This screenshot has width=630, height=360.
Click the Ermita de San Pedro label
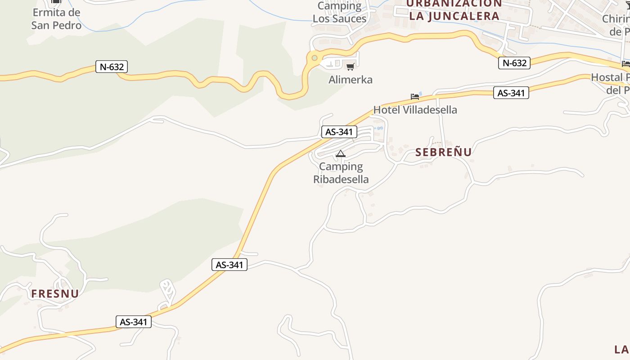pos(56,19)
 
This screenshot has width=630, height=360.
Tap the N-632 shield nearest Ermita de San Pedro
pos(112,67)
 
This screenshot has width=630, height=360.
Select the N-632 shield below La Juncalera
pos(514,63)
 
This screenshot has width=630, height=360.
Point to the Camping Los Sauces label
pos(339,13)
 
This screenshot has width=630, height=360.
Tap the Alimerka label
pos(351,80)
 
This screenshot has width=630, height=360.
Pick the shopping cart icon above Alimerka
pos(350,67)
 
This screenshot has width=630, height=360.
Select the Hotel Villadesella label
pos(415,110)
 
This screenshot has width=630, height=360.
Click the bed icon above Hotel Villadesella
pos(415,96)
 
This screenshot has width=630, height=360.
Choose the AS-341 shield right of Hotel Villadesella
pos(511,93)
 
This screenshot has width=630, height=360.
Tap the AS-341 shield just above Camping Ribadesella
pos(339,132)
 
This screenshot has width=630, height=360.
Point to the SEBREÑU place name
pos(443,152)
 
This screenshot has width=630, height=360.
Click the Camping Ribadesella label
pos(341,173)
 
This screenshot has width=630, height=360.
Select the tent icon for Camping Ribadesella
pos(341,154)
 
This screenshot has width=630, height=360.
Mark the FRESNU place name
pos(55,294)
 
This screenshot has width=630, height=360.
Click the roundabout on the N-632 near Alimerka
pos(314,58)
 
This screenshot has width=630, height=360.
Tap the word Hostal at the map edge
pos(606,77)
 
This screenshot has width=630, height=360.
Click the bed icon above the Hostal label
pos(625,63)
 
